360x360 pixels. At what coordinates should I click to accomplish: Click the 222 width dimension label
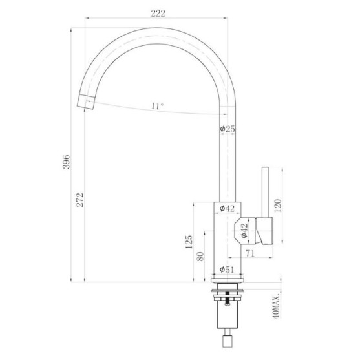[x=158, y=14]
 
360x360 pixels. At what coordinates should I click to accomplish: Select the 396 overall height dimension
[x=67, y=162]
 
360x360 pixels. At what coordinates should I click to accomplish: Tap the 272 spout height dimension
[x=80, y=200]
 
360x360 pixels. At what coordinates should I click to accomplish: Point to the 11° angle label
[x=157, y=106]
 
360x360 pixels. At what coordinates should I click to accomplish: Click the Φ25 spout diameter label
[x=228, y=129]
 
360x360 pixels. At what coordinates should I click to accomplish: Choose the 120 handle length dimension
[x=277, y=206]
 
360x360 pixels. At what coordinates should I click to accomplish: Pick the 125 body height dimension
[x=189, y=242]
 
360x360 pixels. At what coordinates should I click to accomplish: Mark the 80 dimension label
[x=200, y=257]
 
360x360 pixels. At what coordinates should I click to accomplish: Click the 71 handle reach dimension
[x=250, y=253]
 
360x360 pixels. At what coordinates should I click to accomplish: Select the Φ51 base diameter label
[x=227, y=270]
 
